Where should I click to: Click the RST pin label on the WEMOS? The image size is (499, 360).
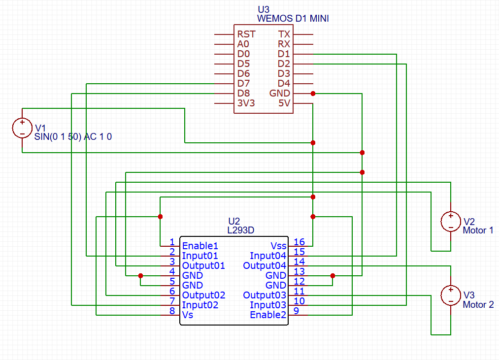click(246, 34)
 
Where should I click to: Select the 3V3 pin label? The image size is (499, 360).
click(246, 103)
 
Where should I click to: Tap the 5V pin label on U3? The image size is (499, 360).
click(284, 103)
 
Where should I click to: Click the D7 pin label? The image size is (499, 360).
click(243, 84)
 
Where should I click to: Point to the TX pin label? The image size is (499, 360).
click(284, 34)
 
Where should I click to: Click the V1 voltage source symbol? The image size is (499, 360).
click(22, 128)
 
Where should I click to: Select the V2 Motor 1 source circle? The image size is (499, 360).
click(450, 222)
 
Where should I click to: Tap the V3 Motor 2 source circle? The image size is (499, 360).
click(450, 295)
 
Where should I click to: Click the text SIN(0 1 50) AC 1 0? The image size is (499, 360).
click(73, 137)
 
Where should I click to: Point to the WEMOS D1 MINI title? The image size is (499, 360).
click(293, 19)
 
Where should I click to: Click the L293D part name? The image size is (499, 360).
click(240, 230)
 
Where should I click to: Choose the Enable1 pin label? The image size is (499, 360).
click(200, 246)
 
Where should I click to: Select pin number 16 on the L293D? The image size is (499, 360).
click(299, 242)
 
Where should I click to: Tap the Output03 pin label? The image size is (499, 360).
click(265, 295)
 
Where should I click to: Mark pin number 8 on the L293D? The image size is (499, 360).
click(172, 311)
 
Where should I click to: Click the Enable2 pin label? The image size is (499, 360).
click(268, 315)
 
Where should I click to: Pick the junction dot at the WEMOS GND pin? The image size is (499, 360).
click(313, 94)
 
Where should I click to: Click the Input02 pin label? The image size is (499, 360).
click(200, 305)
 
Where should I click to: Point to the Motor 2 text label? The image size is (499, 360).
click(478, 305)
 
